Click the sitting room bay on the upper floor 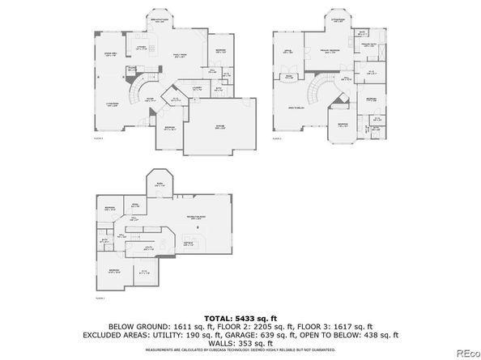338,22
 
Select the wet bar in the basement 189,242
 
